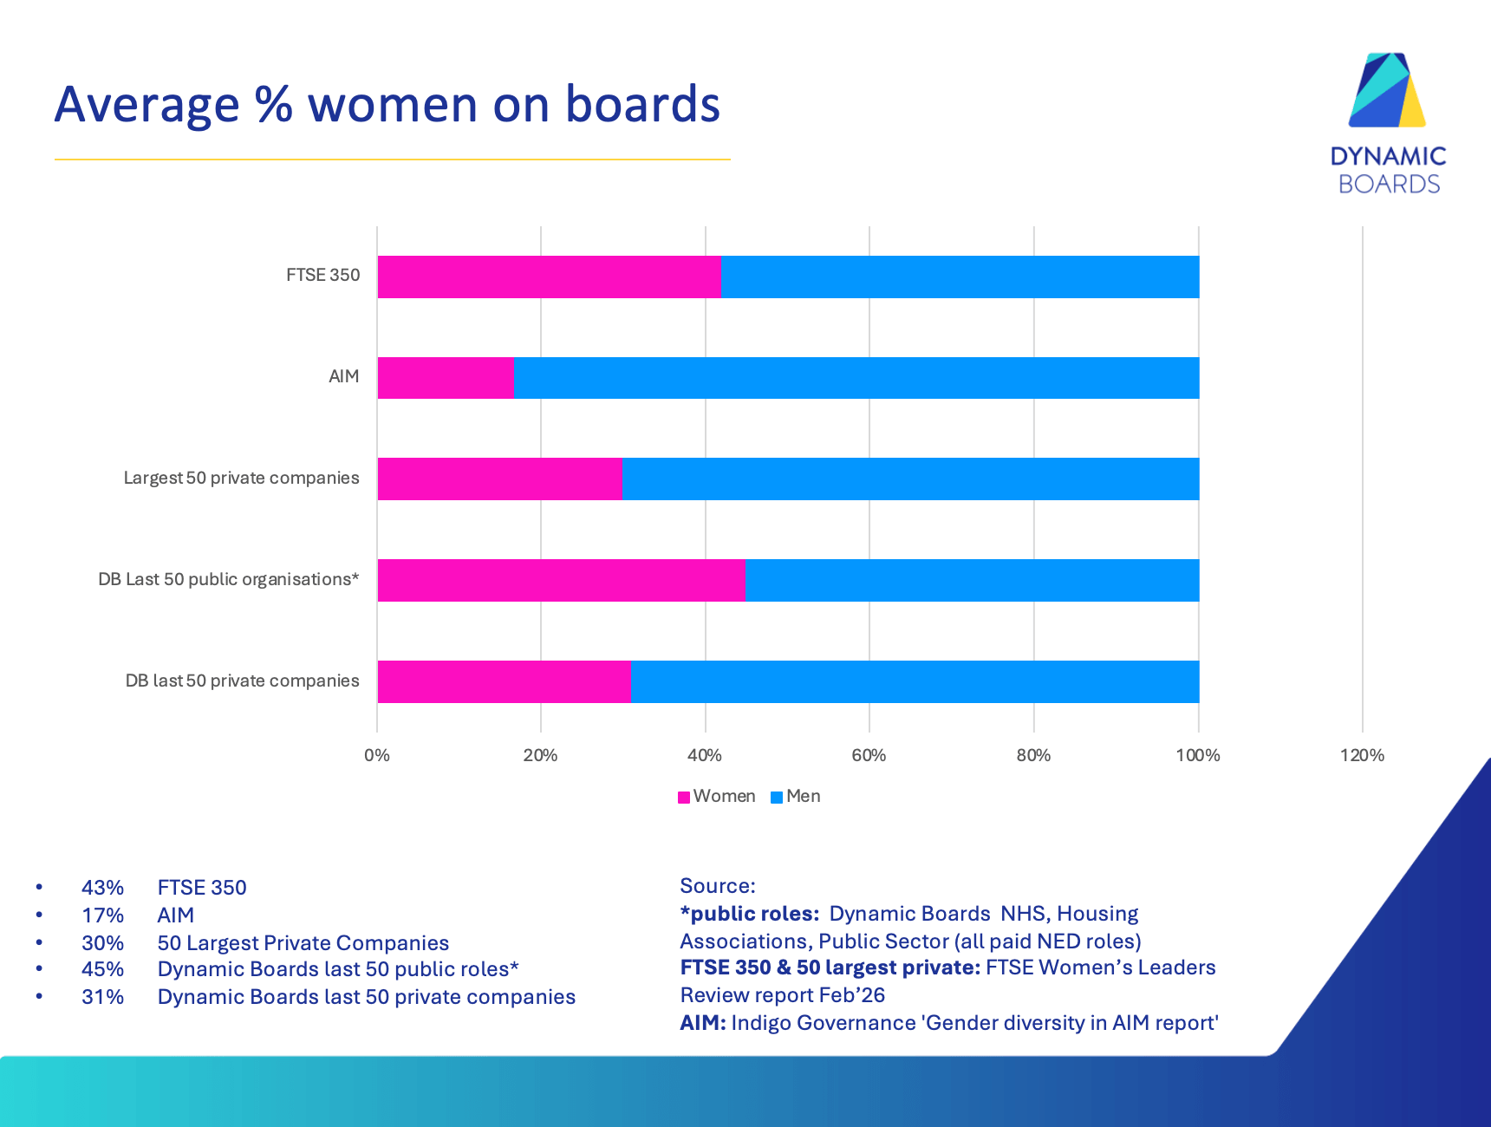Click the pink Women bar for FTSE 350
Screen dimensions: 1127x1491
point(549,277)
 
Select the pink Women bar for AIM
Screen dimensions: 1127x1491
point(446,378)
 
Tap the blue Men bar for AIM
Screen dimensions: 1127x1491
point(856,378)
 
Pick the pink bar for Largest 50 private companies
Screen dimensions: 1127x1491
point(499,479)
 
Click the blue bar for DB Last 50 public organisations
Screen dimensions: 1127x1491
point(972,580)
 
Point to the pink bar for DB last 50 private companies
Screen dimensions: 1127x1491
point(504,681)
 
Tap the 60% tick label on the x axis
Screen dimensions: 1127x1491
point(869,755)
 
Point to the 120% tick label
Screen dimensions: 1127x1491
point(1362,755)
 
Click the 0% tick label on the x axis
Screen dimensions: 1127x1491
point(377,755)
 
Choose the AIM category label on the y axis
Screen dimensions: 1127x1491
point(344,376)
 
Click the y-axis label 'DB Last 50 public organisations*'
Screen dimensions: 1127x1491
point(228,579)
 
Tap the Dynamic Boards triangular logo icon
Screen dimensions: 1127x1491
point(1388,90)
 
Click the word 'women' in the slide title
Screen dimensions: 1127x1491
point(393,105)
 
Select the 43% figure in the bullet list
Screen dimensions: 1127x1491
point(102,888)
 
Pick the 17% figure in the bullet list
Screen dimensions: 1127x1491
point(102,915)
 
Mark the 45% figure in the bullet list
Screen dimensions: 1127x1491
point(102,969)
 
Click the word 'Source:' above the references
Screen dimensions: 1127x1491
point(718,886)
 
